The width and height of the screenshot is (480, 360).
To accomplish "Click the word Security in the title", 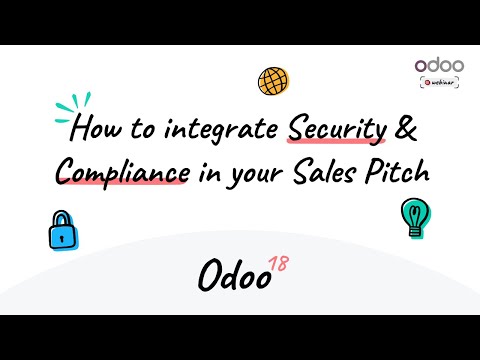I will [x=335, y=129].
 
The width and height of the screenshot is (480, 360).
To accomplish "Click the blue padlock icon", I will [x=63, y=231].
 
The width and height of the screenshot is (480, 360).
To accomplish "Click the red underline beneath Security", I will [x=335, y=143].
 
